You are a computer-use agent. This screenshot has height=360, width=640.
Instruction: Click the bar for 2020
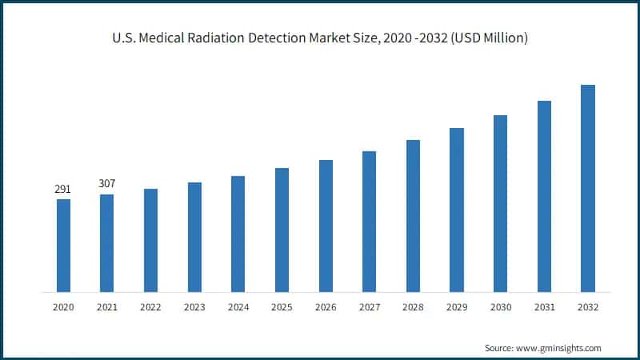pyautogui.click(x=63, y=246)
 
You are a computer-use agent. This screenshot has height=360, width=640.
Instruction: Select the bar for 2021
pyautogui.click(x=106, y=243)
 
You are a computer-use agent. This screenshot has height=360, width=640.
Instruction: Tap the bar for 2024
pyautogui.click(x=238, y=234)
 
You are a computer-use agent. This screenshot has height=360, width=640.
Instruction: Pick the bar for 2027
pyautogui.click(x=369, y=222)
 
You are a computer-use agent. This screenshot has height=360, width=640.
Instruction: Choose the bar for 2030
pyautogui.click(x=500, y=203)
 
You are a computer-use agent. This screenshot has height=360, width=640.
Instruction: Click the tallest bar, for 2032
pyautogui.click(x=587, y=188)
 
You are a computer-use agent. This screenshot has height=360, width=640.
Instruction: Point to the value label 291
pyautogui.click(x=62, y=190)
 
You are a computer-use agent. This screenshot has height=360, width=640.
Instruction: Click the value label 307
pyautogui.click(x=106, y=184)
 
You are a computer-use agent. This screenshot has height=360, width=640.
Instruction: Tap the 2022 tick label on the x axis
pyautogui.click(x=150, y=307)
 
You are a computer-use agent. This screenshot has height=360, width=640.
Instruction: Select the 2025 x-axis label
pyautogui.click(x=282, y=307)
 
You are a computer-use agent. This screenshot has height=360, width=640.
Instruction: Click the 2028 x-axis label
pyautogui.click(x=413, y=307)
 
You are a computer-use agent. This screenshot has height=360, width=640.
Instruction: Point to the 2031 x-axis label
pyautogui.click(x=544, y=307)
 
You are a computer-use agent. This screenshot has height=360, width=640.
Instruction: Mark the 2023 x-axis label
pyautogui.click(x=194, y=307)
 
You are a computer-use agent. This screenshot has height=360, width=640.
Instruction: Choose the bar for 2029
pyautogui.click(x=456, y=210)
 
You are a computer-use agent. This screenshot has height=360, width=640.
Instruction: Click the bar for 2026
pyautogui.click(x=326, y=226)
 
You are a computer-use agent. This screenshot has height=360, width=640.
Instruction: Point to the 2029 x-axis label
pyautogui.click(x=456, y=307)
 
